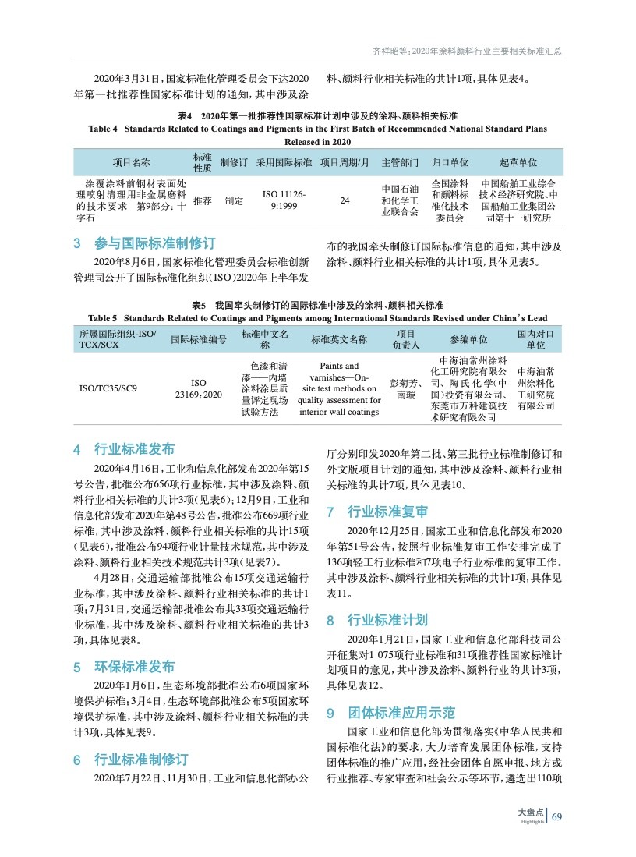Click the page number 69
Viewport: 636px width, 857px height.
click(556, 817)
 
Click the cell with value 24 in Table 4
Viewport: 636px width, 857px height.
click(344, 200)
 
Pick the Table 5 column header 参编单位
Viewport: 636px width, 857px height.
click(468, 339)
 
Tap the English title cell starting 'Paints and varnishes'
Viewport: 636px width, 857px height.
click(340, 388)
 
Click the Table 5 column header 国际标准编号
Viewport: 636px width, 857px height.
click(198, 339)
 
